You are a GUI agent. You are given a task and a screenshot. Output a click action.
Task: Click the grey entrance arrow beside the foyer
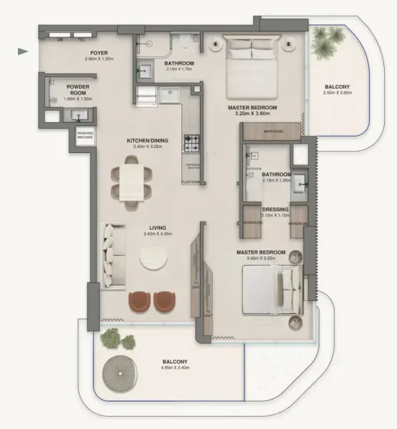point(23,51)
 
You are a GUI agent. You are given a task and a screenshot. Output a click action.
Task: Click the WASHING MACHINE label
point(80,135)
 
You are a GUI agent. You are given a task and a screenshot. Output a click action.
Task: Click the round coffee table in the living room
point(156,262)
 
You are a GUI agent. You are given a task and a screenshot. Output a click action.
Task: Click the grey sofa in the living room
point(113,255)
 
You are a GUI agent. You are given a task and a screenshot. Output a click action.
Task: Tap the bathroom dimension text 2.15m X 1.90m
point(277,181)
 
